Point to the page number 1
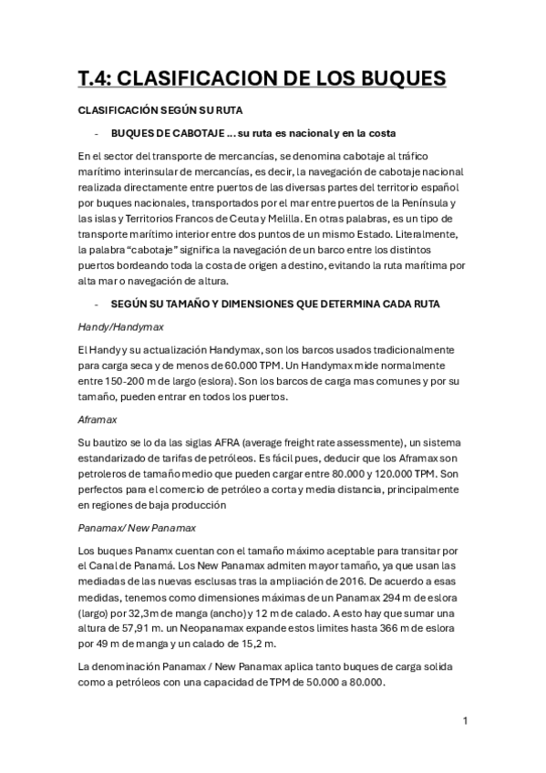coord(466,721)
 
